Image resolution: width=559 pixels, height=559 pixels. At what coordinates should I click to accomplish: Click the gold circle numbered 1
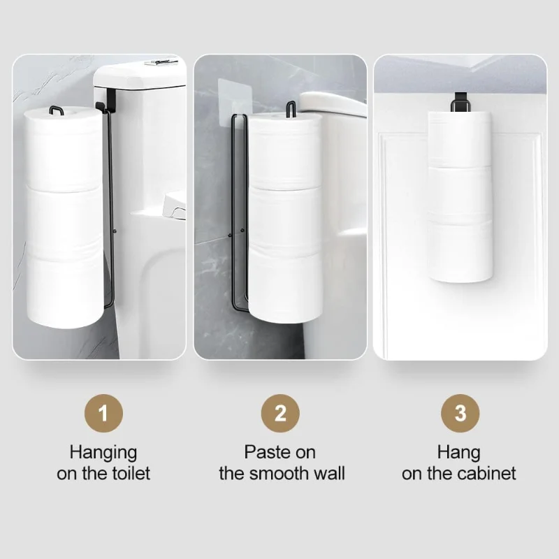click(103, 413)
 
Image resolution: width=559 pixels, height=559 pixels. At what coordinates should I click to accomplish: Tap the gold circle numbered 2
click(280, 413)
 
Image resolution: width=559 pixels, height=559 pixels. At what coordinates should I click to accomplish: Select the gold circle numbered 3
click(460, 413)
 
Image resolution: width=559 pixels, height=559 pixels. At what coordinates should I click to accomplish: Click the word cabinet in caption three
click(488, 473)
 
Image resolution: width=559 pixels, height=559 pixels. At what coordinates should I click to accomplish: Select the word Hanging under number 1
click(103, 452)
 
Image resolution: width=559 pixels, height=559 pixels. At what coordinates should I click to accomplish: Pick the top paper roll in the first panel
click(64, 147)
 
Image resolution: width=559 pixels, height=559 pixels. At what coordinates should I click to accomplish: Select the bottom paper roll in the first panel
click(64, 290)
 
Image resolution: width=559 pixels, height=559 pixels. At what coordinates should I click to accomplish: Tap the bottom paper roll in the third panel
click(459, 252)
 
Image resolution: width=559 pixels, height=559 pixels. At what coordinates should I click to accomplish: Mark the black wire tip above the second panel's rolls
click(290, 108)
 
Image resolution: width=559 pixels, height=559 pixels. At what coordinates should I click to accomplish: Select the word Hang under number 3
click(459, 452)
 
